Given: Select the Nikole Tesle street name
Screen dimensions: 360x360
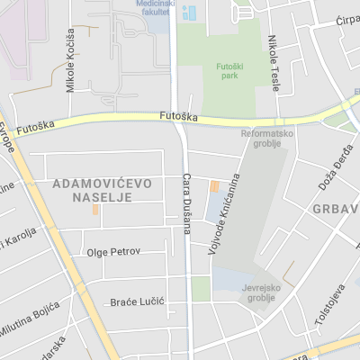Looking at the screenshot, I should pos(274,63).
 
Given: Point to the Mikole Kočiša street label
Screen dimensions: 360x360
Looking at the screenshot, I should pos(71,59).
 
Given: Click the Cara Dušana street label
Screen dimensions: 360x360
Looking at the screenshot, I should pos(188,202).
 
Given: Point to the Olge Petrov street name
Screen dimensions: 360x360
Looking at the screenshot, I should pos(113,251).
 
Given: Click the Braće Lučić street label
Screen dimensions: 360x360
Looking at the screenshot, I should pos(137,301).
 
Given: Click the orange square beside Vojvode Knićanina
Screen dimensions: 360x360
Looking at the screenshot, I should pos(214,186).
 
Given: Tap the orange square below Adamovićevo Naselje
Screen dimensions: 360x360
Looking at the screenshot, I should pos(95,210).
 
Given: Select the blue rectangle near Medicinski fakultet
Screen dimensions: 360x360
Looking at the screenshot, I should pos(189,13).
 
